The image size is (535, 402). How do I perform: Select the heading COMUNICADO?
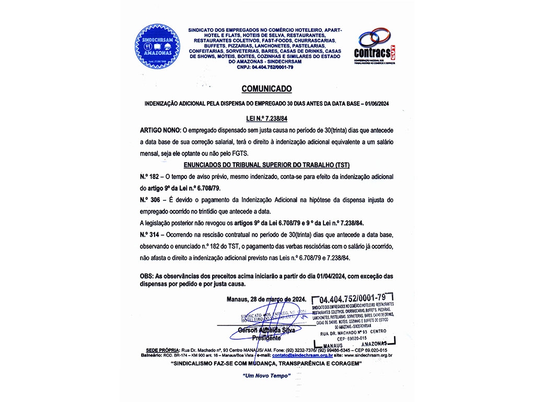click(x=267, y=89)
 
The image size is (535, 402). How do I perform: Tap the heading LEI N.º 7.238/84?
click(x=267, y=119)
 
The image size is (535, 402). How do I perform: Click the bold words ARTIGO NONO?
click(x=159, y=129)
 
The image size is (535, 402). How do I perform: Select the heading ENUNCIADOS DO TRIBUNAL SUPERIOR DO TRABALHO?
click(x=267, y=164)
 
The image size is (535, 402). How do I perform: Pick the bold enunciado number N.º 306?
click(x=149, y=200)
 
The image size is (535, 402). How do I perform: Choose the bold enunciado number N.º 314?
click(x=149, y=234)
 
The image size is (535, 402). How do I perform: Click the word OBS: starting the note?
click(x=147, y=276)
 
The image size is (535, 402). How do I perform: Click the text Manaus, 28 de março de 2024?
click(x=266, y=299)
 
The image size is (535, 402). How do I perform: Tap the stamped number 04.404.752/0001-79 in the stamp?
click(x=353, y=299)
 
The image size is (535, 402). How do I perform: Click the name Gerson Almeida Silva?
click(x=266, y=330)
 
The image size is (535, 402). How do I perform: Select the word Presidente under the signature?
click(x=266, y=338)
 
